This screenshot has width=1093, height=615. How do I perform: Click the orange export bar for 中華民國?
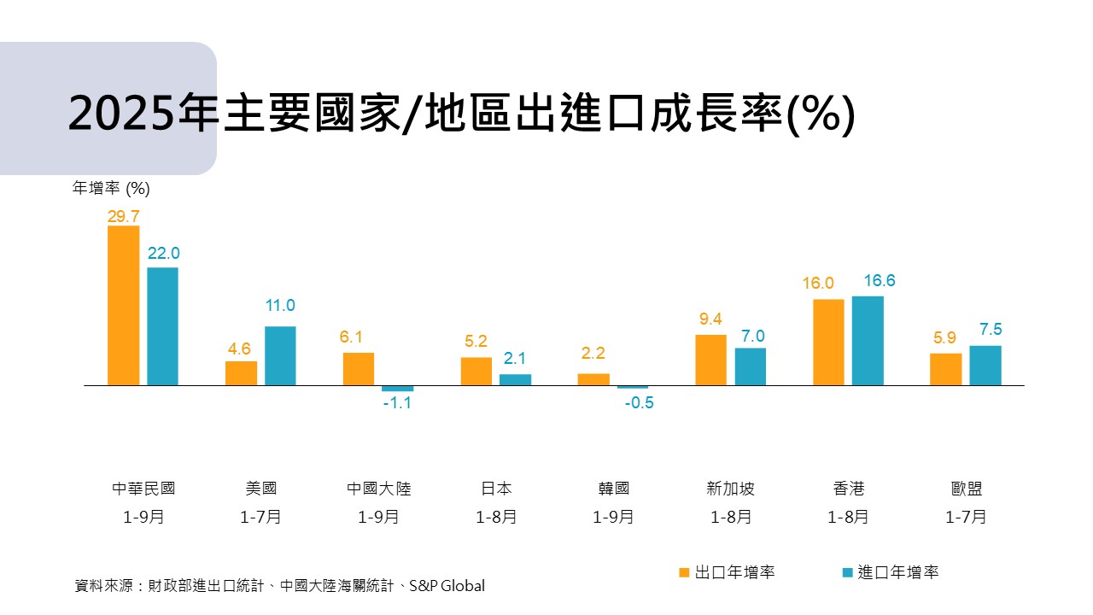[x=123, y=306]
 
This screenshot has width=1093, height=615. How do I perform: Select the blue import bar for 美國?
[x=280, y=355]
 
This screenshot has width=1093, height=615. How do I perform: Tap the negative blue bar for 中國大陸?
[x=397, y=389]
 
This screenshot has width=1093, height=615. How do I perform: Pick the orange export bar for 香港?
[x=828, y=343]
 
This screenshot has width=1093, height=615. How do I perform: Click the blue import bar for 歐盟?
[x=985, y=366]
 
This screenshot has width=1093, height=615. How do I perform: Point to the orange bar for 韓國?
[x=593, y=379]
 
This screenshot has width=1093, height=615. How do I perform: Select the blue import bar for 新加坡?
[x=751, y=366]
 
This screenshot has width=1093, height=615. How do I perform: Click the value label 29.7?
[x=123, y=217]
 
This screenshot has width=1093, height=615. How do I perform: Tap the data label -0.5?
[x=639, y=403]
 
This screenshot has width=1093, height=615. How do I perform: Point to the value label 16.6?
[x=868, y=281]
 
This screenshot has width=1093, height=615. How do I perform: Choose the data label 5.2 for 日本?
[x=476, y=342]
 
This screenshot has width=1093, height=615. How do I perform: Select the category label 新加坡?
[x=731, y=489]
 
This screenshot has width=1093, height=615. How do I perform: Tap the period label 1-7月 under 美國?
[x=260, y=517]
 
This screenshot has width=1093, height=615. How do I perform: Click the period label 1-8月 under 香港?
[x=848, y=517]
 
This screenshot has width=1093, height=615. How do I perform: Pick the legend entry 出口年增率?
[x=734, y=572]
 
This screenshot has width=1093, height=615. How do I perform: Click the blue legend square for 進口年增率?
[x=847, y=572]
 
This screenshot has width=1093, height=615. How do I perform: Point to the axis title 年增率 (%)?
[x=111, y=188]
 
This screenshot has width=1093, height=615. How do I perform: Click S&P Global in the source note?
[x=447, y=586]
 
